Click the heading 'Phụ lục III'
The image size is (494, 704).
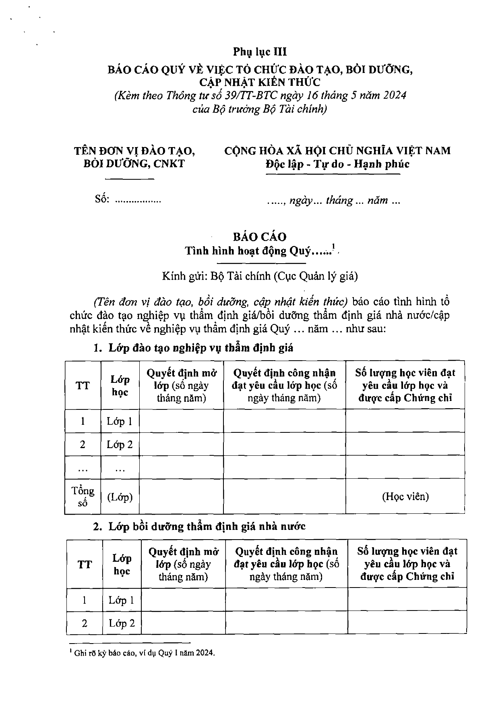pos(260,52)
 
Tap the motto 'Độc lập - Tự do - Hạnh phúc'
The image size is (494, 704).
pos(337,164)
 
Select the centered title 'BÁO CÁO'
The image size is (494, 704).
pos(259,237)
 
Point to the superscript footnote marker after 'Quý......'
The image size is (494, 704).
pos(334,247)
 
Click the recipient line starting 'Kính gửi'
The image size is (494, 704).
pos(260,276)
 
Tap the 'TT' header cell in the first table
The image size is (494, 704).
pos(83,386)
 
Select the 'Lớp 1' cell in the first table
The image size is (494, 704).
pos(120,422)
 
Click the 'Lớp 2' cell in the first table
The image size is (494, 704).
pos(120,444)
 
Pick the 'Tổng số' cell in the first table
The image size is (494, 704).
pos(83,496)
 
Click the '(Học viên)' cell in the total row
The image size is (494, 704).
pos(405,496)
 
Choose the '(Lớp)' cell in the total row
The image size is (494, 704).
pos(120,497)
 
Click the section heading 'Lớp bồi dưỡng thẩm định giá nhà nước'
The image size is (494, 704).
pos(207,526)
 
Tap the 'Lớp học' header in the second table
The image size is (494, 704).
pos(122,564)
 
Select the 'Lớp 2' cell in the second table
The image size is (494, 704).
pos(122,623)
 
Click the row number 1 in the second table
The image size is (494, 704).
pos(85,600)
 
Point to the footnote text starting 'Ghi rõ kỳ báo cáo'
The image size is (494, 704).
pos(145,653)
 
